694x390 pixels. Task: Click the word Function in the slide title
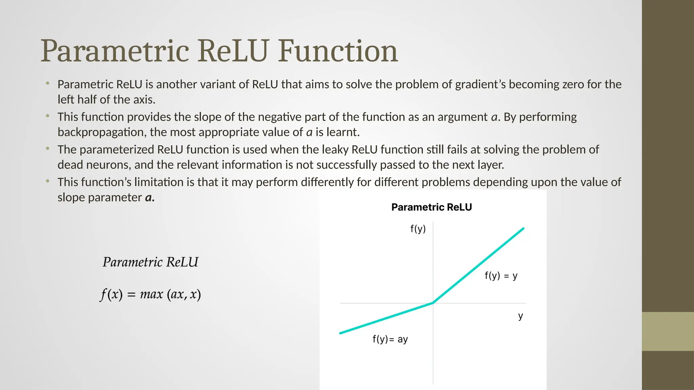pos(338,51)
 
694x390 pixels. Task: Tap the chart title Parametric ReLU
pos(431,207)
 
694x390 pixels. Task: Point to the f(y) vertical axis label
pos(418,229)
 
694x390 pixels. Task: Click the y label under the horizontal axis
pos(520,316)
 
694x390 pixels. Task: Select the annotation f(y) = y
pos(501,276)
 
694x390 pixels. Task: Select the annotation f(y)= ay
pos(390,339)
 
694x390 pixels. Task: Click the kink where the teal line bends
pos(433,303)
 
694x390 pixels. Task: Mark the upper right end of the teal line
pos(523,229)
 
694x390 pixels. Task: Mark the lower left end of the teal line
pos(341,333)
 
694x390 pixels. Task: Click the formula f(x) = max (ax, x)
pos(150,294)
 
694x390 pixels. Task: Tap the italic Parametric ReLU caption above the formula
pos(150,262)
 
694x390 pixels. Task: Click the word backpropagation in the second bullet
pos(102,132)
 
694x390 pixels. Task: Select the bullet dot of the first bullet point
pos(48,83)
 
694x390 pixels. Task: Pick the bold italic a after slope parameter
pos(149,198)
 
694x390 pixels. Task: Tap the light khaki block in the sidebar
pos(668,331)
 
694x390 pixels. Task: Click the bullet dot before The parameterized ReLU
pos(48,149)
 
